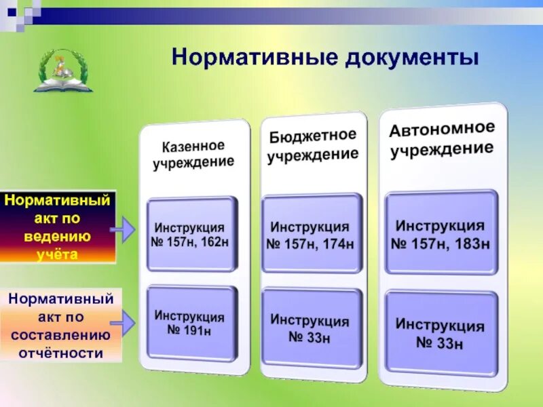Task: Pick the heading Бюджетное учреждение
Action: tap(312, 146)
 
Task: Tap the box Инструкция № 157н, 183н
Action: tap(441, 234)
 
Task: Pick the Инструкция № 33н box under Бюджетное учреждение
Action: tap(311, 329)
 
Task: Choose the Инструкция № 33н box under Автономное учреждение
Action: tap(441, 334)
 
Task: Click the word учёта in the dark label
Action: tap(58, 254)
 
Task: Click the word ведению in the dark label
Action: tap(58, 237)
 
